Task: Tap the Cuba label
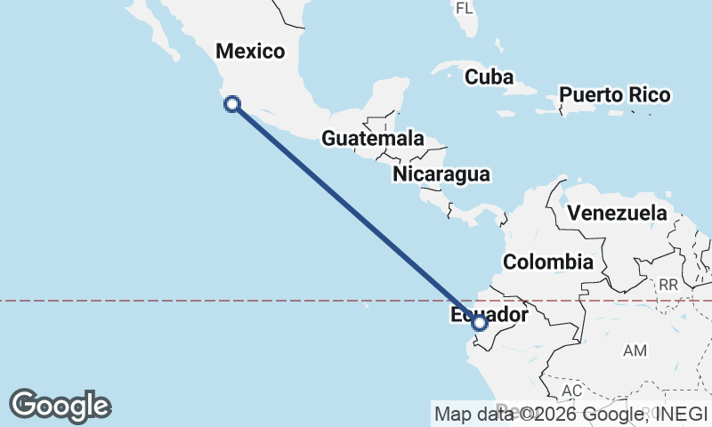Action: [489, 77]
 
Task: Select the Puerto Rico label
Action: [614, 94]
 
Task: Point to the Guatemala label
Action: [372, 139]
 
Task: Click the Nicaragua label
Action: [441, 174]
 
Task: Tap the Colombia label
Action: [547, 262]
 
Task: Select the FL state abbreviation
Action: [464, 9]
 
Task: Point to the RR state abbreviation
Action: [668, 286]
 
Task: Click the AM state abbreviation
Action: [635, 351]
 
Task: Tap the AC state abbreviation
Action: [571, 391]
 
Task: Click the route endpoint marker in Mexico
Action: [232, 104]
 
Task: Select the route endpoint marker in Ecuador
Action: [480, 322]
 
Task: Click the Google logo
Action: [60, 406]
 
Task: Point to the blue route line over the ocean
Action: [356, 213]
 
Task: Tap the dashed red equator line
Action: [178, 301]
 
